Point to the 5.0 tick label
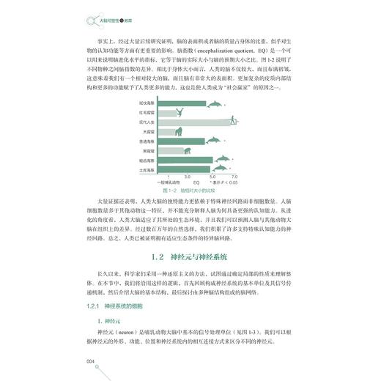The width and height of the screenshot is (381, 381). click(212, 177)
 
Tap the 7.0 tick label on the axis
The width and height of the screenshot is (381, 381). click(234, 177)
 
